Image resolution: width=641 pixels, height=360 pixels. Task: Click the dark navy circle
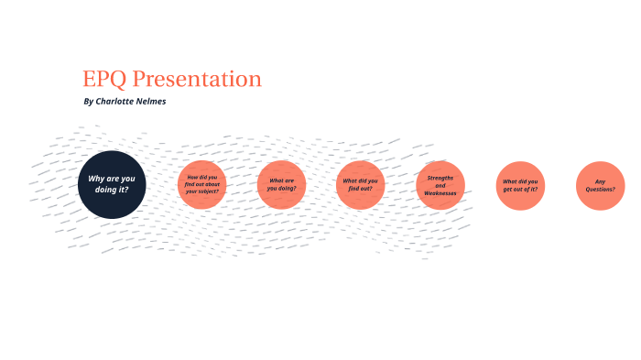(111, 184)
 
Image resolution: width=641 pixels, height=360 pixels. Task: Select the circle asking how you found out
(201, 184)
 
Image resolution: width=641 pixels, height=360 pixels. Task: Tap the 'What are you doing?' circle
(281, 184)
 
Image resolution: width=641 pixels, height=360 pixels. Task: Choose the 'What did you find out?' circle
(360, 184)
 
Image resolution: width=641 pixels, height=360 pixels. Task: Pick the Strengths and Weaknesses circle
(440, 184)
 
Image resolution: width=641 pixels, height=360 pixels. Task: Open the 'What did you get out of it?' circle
(520, 184)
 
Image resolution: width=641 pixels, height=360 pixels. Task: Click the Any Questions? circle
(600, 184)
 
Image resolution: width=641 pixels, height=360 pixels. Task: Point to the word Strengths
(440, 176)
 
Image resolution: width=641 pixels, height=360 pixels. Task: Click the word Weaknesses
(440, 193)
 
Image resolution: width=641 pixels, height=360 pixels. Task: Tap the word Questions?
(600, 190)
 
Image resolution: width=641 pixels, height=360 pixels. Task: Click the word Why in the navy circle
(95, 178)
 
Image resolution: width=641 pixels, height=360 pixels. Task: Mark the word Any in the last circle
(600, 180)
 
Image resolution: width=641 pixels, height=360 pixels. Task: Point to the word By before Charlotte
(88, 102)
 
